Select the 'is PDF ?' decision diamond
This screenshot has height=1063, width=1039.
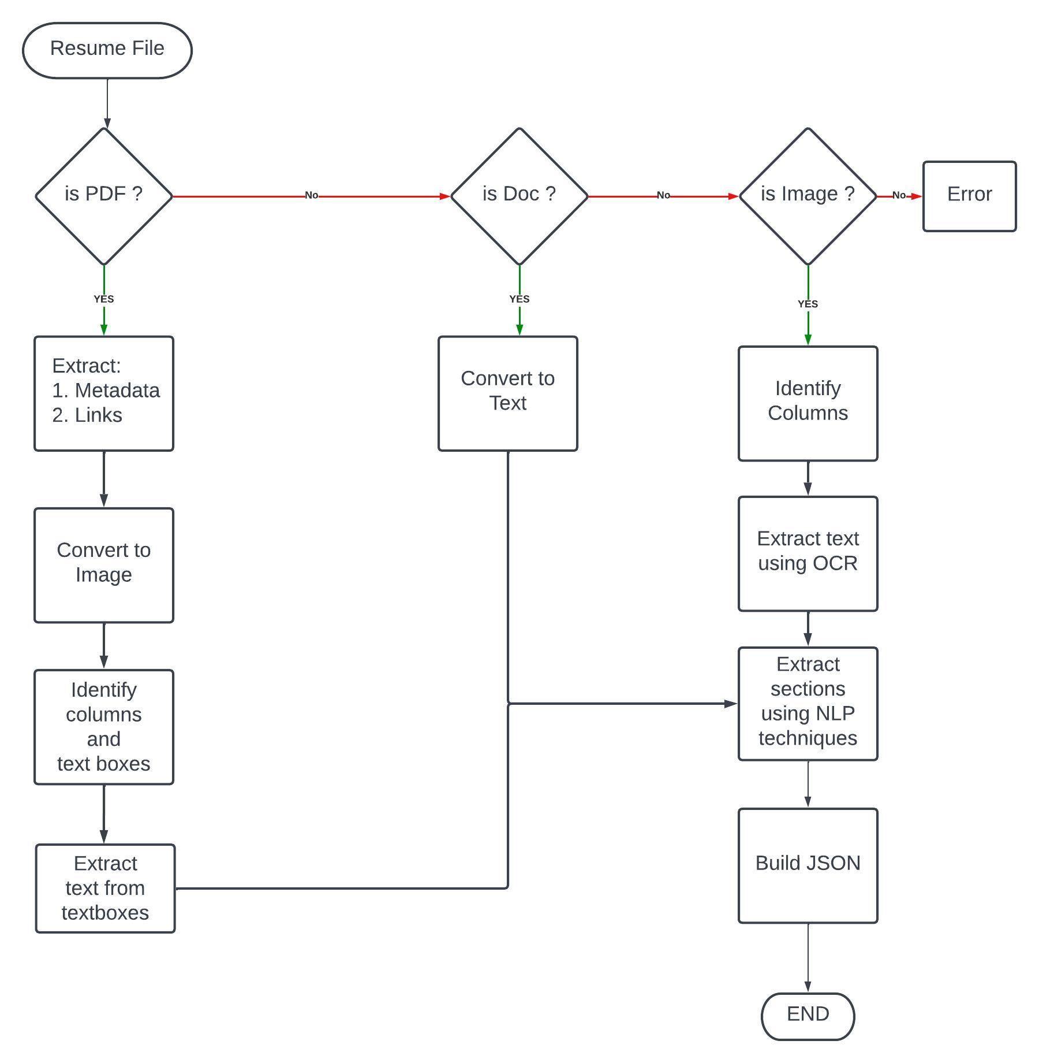pos(104,196)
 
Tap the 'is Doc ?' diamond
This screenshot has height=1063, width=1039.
pos(519,196)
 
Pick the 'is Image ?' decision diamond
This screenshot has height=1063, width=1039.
pos(808,196)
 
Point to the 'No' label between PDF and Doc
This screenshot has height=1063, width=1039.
pos(312,195)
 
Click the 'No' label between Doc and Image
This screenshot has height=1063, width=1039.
pos(663,195)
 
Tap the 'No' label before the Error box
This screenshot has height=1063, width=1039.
pos(899,195)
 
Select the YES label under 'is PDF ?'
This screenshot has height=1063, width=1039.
pos(104,299)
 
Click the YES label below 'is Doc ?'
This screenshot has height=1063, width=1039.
pos(519,299)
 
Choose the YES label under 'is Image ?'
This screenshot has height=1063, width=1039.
pos(808,304)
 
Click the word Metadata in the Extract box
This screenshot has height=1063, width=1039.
pos(117,391)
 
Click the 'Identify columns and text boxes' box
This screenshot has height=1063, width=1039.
pos(104,727)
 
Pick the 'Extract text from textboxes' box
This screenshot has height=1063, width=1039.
pos(105,888)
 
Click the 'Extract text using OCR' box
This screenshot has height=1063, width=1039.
pos(808,553)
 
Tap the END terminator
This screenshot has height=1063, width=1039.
pos(808,1016)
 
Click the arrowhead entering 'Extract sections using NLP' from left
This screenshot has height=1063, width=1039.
pos(731,704)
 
